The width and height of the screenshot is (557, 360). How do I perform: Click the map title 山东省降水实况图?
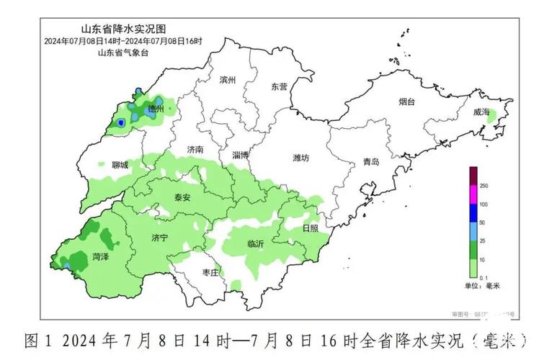pyautogui.click(x=123, y=30)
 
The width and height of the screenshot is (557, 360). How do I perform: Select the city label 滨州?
pyautogui.click(x=228, y=80)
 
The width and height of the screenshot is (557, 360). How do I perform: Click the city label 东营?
pyautogui.click(x=279, y=86)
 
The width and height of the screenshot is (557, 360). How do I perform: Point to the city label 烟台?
pyautogui.click(x=407, y=102)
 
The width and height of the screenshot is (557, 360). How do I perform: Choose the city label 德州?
pyautogui.click(x=156, y=109)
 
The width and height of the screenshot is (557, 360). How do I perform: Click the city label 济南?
pyautogui.click(x=195, y=150)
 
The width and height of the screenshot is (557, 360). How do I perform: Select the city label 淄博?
pyautogui.click(x=241, y=155)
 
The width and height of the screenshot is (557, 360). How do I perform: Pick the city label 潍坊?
pyautogui.click(x=301, y=157)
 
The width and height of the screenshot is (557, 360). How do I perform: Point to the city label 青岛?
pyautogui.click(x=370, y=162)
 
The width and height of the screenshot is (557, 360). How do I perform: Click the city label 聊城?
pyautogui.click(x=120, y=165)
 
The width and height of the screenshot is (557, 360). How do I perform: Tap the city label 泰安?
pyautogui.click(x=183, y=197)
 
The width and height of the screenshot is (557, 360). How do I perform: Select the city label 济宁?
pyautogui.click(x=160, y=237)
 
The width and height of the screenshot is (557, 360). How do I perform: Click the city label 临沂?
pyautogui.click(x=255, y=244)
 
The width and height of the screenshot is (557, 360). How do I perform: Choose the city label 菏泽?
pyautogui.click(x=101, y=256)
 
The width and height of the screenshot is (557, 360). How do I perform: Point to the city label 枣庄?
pyautogui.click(x=210, y=272)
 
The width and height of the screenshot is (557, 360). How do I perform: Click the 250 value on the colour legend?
pyautogui.click(x=484, y=186)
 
